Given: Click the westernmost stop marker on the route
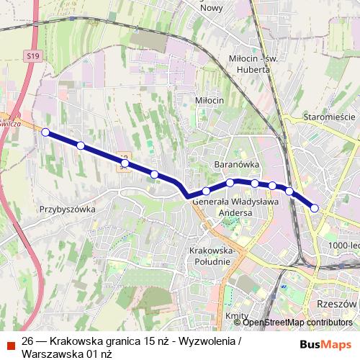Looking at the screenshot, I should pyautogui.click(x=45, y=132).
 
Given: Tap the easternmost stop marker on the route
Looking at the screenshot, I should pyautogui.click(x=315, y=208).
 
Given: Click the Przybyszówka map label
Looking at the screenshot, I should pyautogui.click(x=68, y=209).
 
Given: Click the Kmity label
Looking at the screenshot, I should pyautogui.click(x=237, y=316).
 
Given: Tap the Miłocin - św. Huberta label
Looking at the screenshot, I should pyautogui.click(x=247, y=63).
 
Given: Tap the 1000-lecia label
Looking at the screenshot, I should pyautogui.click(x=342, y=246).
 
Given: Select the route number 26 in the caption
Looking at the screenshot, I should pyautogui.click(x=28, y=340).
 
